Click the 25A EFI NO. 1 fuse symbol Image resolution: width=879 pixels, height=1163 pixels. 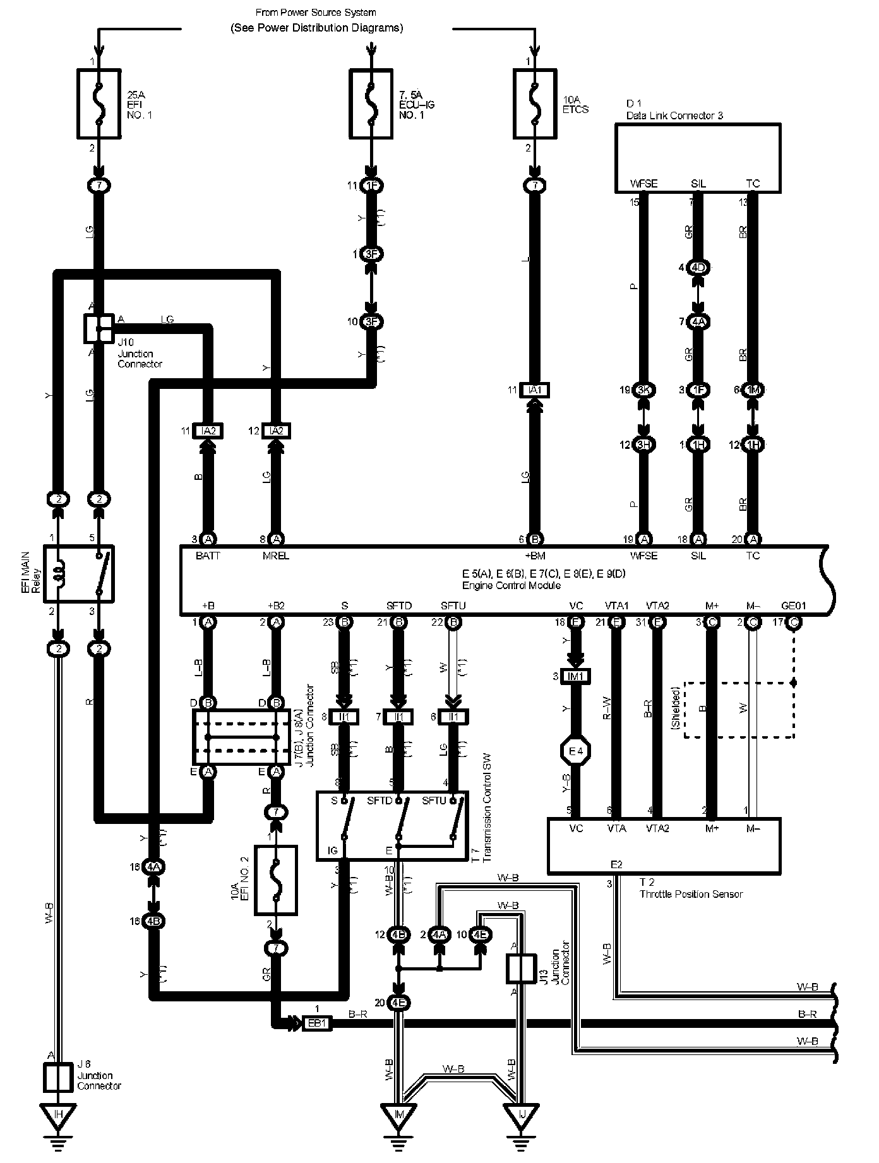coord(98,104)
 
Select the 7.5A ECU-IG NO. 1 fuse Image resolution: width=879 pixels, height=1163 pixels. coord(371,104)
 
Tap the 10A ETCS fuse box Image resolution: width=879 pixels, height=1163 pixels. coord(535,104)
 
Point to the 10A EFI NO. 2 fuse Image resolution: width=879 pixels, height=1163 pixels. coord(275,880)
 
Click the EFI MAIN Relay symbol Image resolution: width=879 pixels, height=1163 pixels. coord(78,573)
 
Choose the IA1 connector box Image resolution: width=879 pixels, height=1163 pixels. coord(535,390)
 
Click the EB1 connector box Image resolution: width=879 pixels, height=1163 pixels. coord(316,1023)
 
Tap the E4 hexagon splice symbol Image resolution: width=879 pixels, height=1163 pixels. coord(576,751)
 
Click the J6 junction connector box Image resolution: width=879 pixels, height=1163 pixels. coord(58,1077)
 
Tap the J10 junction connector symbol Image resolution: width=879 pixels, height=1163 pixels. coord(99,328)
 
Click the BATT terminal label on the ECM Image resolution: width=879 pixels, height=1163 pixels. coord(208,556)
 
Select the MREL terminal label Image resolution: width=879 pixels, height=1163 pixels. coord(275,556)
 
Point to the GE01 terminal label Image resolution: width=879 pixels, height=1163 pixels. coord(793,605)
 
